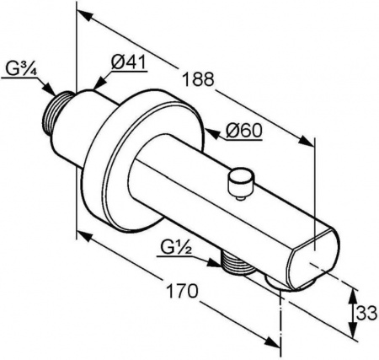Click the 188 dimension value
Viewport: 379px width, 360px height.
tap(198, 79)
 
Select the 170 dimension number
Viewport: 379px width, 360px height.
tap(182, 291)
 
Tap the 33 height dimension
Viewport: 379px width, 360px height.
tap(366, 313)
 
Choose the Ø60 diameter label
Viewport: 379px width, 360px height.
tap(243, 130)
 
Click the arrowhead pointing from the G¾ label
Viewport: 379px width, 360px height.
tap(48, 89)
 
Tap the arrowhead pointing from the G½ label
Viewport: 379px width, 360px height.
tap(214, 263)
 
